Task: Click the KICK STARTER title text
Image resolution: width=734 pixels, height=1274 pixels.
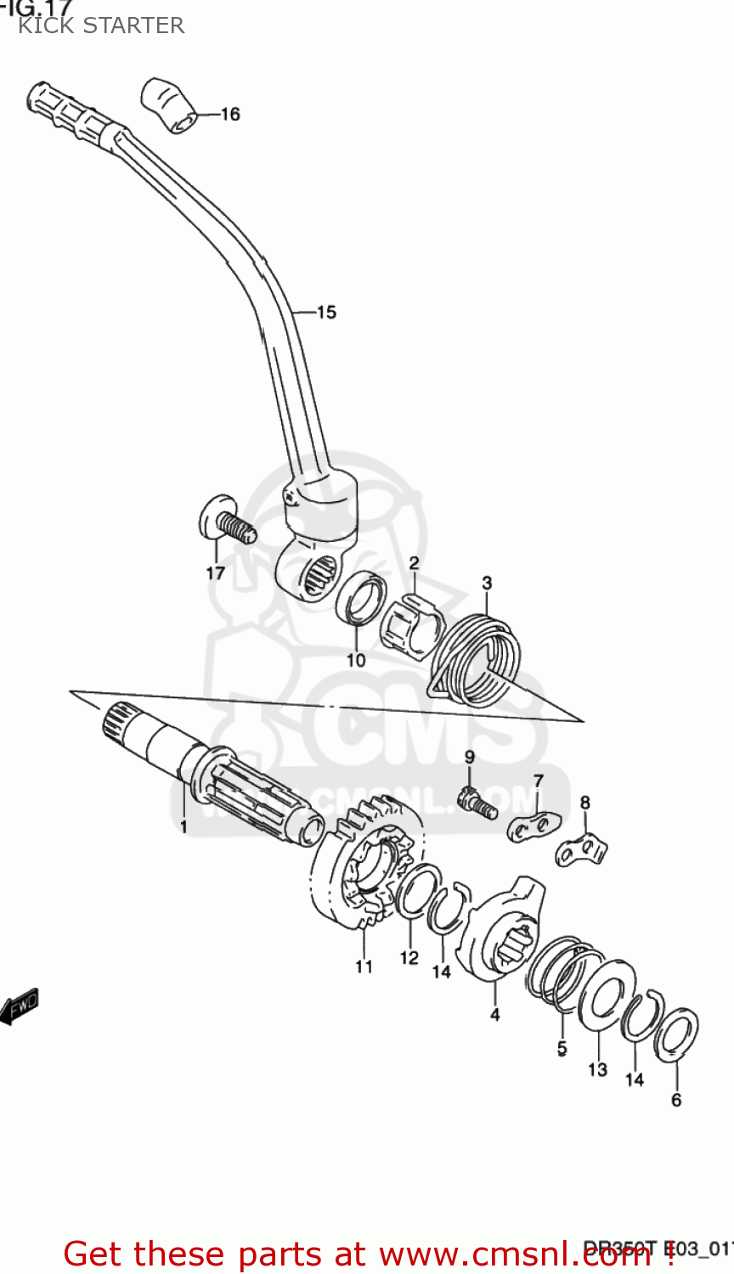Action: (101, 25)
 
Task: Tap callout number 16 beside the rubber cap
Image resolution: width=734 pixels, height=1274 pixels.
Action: (230, 114)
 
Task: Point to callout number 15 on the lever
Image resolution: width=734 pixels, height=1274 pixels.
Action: (326, 313)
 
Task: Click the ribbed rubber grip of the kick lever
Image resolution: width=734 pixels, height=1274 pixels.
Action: (72, 110)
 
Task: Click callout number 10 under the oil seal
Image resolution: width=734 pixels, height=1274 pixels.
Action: (356, 659)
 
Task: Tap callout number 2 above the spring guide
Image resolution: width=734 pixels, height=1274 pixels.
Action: (414, 563)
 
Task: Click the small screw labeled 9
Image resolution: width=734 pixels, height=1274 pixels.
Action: (475, 800)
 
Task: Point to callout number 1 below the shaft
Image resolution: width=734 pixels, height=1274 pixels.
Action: (183, 825)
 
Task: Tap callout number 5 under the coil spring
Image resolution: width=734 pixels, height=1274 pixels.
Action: (562, 1048)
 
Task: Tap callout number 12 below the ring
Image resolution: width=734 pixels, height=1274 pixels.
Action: (409, 957)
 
